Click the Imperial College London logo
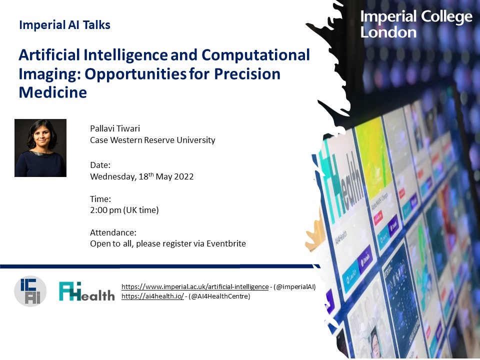tap(416, 24)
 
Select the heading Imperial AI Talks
tap(64, 25)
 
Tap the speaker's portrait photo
tap(40, 148)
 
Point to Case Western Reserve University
tap(152, 140)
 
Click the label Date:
tap(100, 164)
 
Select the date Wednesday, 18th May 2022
tap(141, 176)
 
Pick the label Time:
tap(100, 199)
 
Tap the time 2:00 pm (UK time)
tap(124, 210)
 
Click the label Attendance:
tap(113, 232)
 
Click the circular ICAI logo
tap(30, 291)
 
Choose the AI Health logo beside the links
tap(86, 291)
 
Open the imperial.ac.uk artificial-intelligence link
tap(195, 287)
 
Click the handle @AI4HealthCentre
tap(220, 296)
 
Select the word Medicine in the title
tap(53, 92)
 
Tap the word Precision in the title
tap(247, 73)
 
